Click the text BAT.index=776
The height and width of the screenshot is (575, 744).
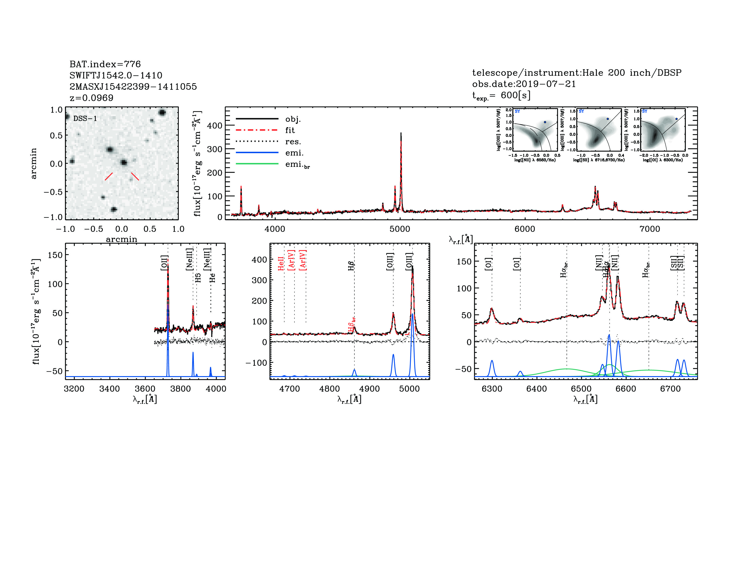coord(105,64)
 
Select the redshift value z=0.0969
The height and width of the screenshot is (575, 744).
coord(91,98)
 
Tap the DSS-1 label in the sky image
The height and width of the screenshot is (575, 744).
coord(85,119)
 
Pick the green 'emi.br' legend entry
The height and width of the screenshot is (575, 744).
coord(297,165)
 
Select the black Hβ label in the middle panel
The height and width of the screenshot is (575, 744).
coord(351,266)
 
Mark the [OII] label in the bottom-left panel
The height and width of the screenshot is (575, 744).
coord(164,263)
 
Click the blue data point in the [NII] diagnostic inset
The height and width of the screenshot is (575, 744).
coord(545,122)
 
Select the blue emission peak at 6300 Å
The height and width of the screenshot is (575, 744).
coord(491,361)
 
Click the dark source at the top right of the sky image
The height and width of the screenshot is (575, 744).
coord(162,113)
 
